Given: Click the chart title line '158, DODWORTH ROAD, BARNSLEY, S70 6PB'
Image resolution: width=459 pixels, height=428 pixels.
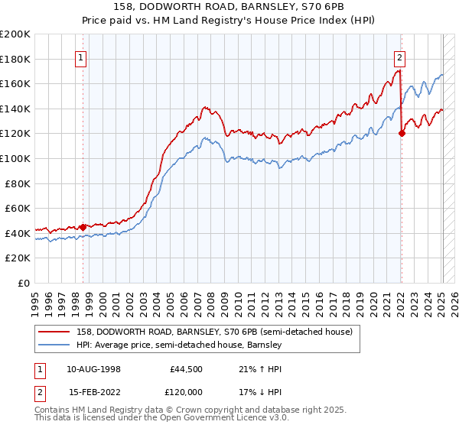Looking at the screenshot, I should click(x=229, y=6).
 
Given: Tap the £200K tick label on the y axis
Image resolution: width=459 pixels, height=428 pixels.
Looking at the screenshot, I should click(x=15, y=34).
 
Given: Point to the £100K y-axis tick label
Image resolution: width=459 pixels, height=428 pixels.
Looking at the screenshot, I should click(x=15, y=159).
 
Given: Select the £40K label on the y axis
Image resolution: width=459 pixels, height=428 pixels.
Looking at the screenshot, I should click(x=18, y=233).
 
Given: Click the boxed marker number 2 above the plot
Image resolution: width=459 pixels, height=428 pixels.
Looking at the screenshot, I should click(x=400, y=56).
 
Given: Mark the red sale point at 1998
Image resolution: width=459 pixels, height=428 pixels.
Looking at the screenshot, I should click(x=83, y=227).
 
